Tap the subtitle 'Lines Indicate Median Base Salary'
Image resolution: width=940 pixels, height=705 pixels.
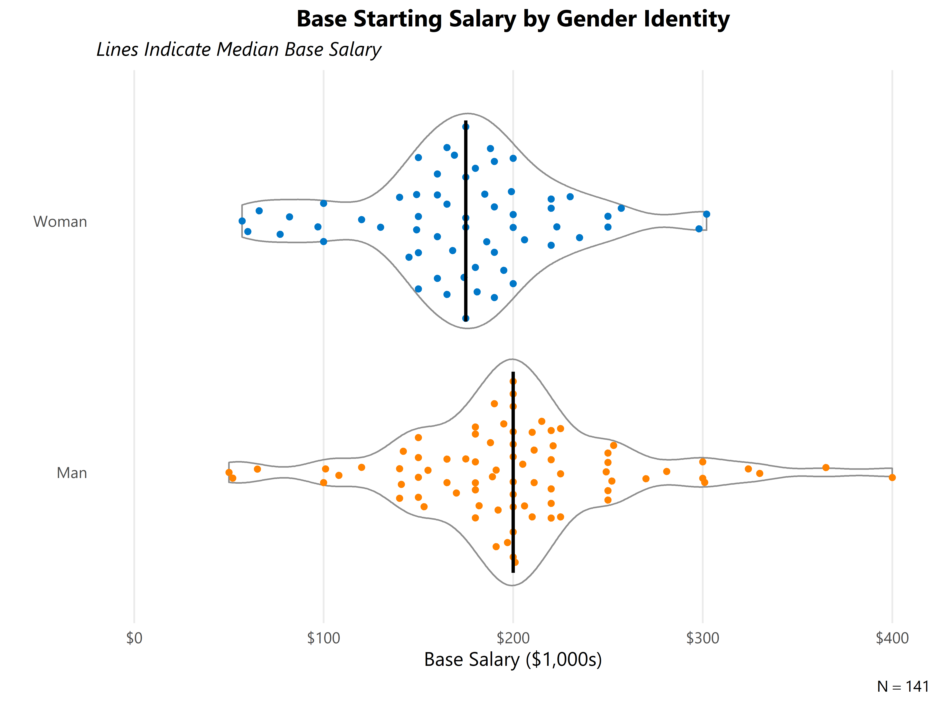coord(239,49)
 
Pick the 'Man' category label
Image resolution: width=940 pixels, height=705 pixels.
coord(72,473)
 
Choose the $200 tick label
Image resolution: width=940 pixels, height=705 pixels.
coord(513,638)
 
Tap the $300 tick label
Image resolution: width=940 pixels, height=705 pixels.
coord(702,638)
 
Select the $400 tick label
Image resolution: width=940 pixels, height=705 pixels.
coord(892,638)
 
